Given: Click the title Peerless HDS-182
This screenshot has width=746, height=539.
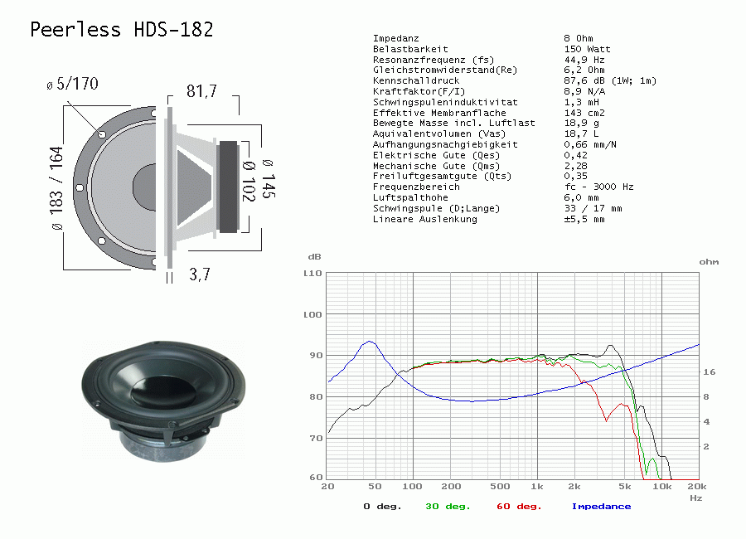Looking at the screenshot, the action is tap(121, 30).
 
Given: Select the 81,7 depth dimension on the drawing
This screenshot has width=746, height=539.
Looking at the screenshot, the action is tap(201, 91).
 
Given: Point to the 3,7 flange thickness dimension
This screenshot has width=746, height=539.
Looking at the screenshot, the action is tap(199, 274).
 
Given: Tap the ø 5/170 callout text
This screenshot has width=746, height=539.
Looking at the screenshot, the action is tap(72, 84).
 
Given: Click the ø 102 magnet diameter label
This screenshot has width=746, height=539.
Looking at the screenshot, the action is tap(249, 182).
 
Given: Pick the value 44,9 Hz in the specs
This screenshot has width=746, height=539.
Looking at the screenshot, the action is tap(584, 60).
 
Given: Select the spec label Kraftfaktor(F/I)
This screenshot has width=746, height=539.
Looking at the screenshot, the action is tap(419, 91).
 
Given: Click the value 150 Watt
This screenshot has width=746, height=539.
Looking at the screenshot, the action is tap(587, 49).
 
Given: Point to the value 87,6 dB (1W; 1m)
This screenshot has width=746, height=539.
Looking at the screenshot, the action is tap(610, 81).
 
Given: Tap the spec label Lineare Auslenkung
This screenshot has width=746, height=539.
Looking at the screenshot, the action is tap(425, 220).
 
